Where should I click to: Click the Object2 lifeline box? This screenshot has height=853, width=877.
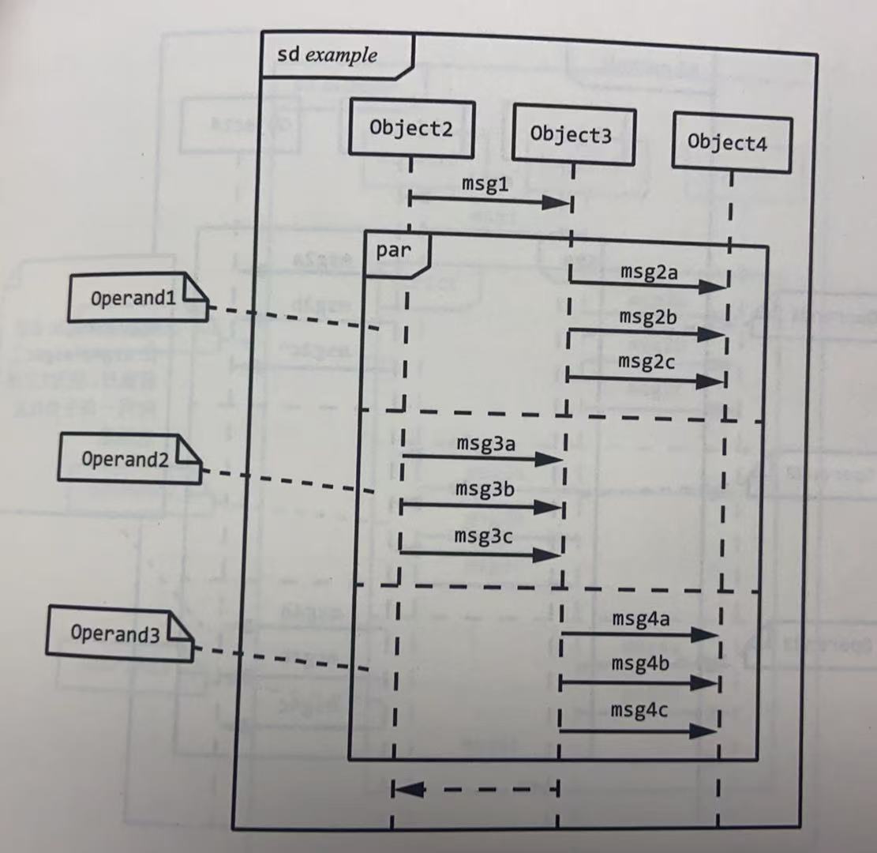click(x=411, y=129)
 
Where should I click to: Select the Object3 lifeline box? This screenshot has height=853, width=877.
click(x=572, y=135)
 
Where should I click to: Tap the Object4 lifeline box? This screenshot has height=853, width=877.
click(x=729, y=143)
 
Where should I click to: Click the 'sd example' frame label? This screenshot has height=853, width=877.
click(x=328, y=56)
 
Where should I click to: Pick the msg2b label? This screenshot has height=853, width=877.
click(x=647, y=317)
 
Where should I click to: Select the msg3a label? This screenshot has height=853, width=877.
click(x=485, y=442)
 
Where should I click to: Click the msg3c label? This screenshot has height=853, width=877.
click(x=483, y=536)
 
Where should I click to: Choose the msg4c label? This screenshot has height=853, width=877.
click(x=639, y=710)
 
